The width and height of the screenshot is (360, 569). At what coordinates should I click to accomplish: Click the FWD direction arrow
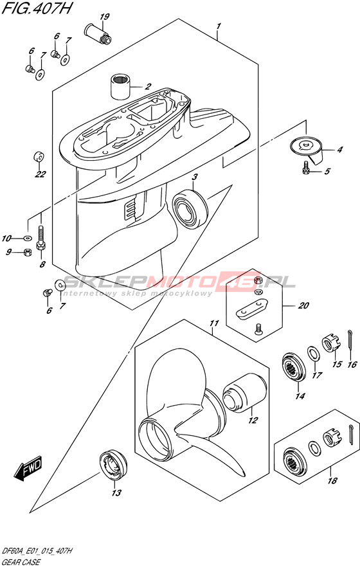tap(28, 469)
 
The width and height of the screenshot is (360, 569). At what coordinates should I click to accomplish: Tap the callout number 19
tap(105, 17)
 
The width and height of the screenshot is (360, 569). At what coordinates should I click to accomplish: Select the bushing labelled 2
tap(120, 86)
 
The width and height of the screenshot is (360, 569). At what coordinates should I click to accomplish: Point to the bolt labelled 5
tap(305, 168)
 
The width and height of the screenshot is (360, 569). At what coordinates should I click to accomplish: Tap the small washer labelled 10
tap(27, 238)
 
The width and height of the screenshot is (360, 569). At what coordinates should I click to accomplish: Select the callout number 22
tap(40, 174)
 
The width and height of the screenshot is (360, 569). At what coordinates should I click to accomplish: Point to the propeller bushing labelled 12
tap(244, 393)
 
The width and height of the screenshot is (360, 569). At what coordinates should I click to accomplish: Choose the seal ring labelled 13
tap(114, 465)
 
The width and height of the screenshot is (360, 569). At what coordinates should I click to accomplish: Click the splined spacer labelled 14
tap(294, 367)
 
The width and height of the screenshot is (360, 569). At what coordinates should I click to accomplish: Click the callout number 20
tap(303, 305)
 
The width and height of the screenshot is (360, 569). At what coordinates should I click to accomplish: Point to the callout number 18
tap(332, 481)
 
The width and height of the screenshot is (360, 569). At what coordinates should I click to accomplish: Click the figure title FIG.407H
tap(35, 8)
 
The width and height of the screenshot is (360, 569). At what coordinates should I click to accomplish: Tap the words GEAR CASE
tap(21, 563)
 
